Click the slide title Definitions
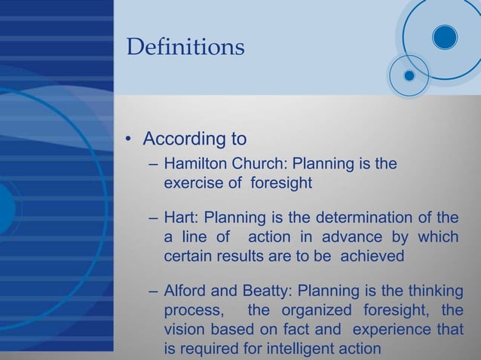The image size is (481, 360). [x=185, y=47]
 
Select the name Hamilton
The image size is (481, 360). [x=195, y=163]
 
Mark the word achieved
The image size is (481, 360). [x=372, y=256]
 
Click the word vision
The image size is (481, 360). [x=184, y=330]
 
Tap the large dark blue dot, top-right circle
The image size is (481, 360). [x=445, y=37]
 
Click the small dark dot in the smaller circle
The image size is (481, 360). [x=409, y=75]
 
